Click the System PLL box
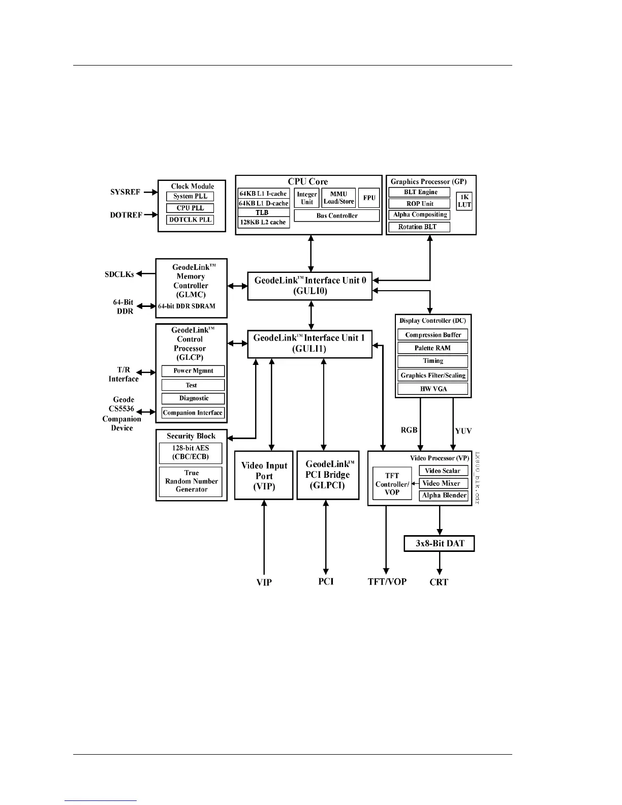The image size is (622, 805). [x=190, y=196]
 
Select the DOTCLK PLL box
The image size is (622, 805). [x=190, y=220]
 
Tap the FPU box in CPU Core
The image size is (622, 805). [x=369, y=198]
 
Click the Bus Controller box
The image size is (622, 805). [x=337, y=215]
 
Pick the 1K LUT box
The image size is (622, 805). [x=464, y=201]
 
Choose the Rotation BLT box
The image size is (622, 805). [x=419, y=227]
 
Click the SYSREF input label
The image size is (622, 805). [x=125, y=192]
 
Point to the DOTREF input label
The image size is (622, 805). [x=126, y=215]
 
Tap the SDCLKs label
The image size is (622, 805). [x=119, y=274]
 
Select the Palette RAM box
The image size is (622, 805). [x=432, y=348]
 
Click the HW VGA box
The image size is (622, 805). [x=432, y=389]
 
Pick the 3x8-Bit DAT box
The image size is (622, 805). [x=440, y=543]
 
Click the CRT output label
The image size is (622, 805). [x=439, y=582]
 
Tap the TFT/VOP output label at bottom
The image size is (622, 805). [x=387, y=581]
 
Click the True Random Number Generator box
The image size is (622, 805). [x=191, y=481]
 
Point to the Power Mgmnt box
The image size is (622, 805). [x=193, y=371]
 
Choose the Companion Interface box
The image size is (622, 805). [x=193, y=413]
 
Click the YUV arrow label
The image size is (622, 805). [x=463, y=431]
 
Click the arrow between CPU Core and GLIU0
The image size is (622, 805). [x=311, y=253]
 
